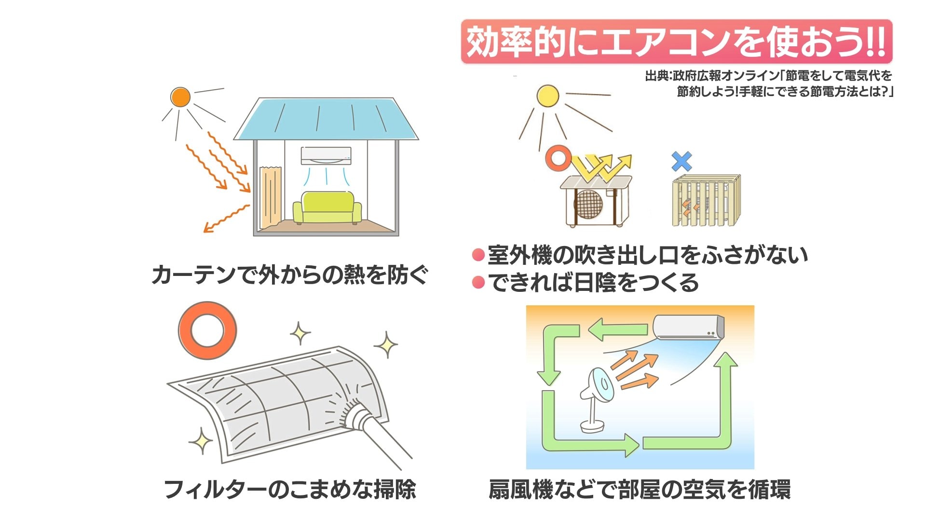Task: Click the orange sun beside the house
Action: pyautogui.click(x=180, y=97)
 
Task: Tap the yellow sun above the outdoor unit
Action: pyautogui.click(x=547, y=96)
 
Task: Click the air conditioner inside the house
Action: pyautogui.click(x=326, y=156)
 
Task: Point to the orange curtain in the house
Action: pyautogui.click(x=270, y=198)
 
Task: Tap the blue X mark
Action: pyautogui.click(x=681, y=162)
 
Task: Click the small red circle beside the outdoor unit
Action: pyautogui.click(x=558, y=158)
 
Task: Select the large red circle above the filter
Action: pyautogui.click(x=207, y=330)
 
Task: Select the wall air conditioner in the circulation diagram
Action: pyautogui.click(x=688, y=327)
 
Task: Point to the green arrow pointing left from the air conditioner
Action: pyautogui.click(x=618, y=330)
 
